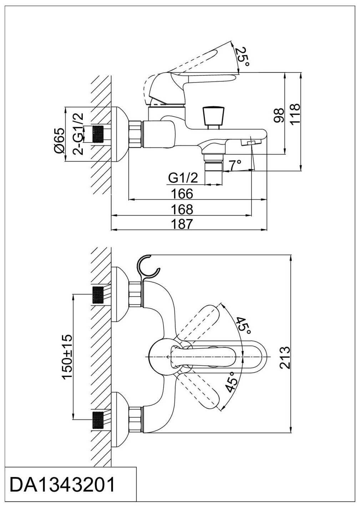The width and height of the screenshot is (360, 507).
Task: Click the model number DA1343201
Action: [x=63, y=485]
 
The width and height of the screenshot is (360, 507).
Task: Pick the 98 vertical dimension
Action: [x=279, y=115]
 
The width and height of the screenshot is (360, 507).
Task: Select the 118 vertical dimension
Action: [x=295, y=114]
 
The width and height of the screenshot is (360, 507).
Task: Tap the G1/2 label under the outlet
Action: [x=183, y=177]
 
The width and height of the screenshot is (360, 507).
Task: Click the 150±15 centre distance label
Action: [x=67, y=357]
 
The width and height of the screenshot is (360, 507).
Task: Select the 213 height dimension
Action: [x=285, y=357]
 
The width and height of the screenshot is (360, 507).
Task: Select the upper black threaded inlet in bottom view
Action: [x=99, y=295]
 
